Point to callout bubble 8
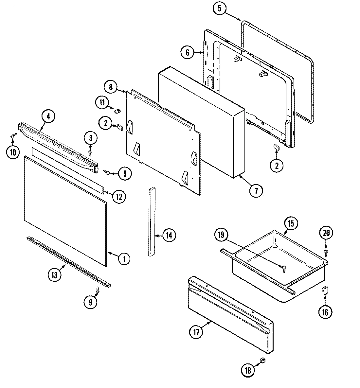coord(110,87)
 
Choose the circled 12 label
coord(118,196)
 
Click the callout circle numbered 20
coord(326,233)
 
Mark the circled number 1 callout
coord(124,259)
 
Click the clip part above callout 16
coord(325,290)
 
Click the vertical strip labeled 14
coord(152,222)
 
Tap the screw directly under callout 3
coord(91,152)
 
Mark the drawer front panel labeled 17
coord(229,314)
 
